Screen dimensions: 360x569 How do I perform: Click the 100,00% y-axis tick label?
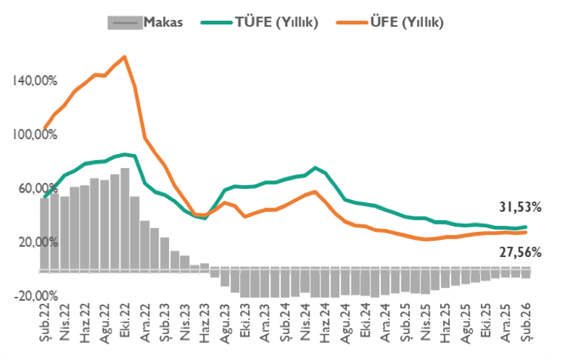[x=35, y=134]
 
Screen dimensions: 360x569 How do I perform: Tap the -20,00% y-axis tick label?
[x=35, y=296]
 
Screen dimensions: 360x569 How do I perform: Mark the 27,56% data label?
[x=519, y=252]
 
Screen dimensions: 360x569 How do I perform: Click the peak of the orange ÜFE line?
[x=124, y=57]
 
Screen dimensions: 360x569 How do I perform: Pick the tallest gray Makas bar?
[x=124, y=219]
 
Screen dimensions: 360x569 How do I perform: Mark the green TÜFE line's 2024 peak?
[x=316, y=167]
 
